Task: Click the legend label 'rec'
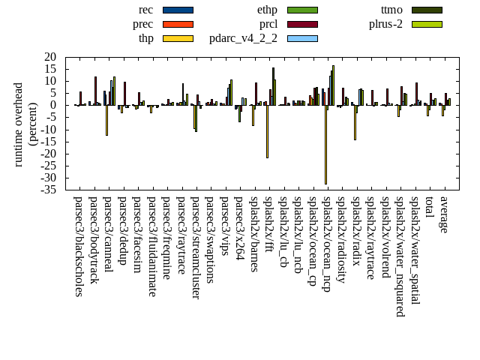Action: click(x=146, y=10)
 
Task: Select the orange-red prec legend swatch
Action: click(x=178, y=24)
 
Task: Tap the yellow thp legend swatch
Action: click(x=178, y=38)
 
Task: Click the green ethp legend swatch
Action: click(x=302, y=10)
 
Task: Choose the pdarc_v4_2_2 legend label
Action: click(x=243, y=38)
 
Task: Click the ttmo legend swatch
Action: click(x=427, y=10)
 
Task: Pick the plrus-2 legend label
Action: click(x=385, y=24)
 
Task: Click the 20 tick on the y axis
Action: click(x=51, y=57)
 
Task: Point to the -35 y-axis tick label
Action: click(x=49, y=190)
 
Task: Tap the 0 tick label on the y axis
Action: click(x=54, y=105)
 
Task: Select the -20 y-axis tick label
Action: click(x=49, y=154)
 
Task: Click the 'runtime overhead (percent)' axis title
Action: click(x=25, y=124)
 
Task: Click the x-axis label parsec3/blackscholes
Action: click(x=79, y=247)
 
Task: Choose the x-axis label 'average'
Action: click(x=444, y=214)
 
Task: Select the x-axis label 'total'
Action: click(x=429, y=208)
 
